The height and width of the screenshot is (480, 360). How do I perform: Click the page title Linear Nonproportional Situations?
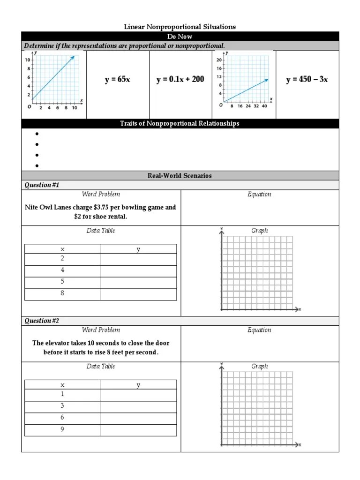click(x=180, y=27)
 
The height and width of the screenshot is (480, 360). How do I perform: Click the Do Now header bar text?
click(x=180, y=37)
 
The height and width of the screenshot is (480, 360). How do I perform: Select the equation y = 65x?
click(x=117, y=80)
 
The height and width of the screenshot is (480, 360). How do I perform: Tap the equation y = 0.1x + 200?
click(x=180, y=80)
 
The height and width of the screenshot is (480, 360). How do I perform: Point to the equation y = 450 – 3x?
click(x=307, y=80)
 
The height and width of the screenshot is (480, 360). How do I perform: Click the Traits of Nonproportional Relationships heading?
click(x=180, y=124)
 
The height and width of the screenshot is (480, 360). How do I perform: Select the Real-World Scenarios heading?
click(x=180, y=176)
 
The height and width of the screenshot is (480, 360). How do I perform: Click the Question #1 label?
click(x=42, y=185)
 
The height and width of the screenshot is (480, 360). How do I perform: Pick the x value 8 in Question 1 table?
click(x=62, y=293)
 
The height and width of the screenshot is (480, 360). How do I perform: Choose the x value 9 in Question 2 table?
click(x=62, y=429)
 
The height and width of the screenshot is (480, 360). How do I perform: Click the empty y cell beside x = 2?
click(x=138, y=259)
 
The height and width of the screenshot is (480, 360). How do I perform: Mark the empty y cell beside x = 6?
click(x=138, y=418)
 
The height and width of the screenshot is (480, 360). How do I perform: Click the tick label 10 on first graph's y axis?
click(x=28, y=60)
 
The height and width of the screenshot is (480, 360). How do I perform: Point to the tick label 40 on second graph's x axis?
click(x=264, y=106)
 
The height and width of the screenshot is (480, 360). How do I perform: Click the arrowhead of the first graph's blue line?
click(x=73, y=57)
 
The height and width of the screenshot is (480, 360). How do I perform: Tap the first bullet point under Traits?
click(x=36, y=134)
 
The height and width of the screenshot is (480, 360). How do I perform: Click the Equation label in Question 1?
click(x=259, y=195)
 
